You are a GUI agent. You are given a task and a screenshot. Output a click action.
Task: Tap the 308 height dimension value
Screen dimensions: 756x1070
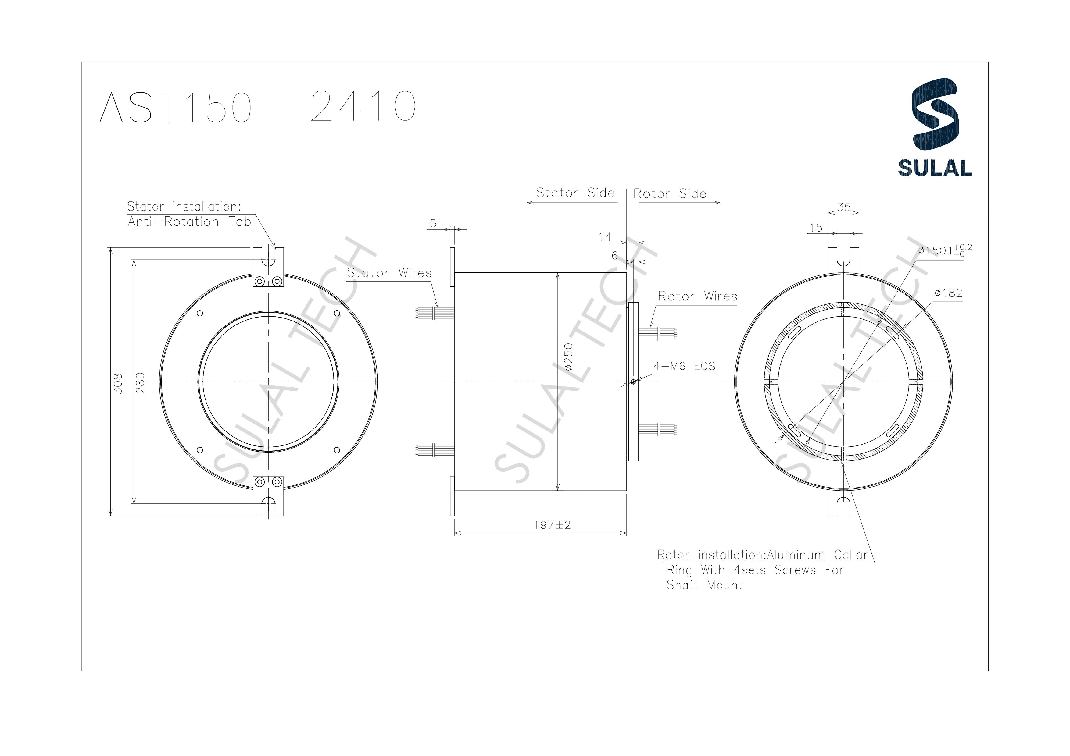[x=118, y=383]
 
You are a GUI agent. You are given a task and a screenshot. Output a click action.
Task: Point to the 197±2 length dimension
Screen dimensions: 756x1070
[x=552, y=525]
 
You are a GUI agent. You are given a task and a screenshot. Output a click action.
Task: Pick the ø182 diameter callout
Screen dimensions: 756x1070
[x=948, y=293]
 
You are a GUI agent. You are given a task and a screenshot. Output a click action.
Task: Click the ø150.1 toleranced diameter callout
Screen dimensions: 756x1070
[x=944, y=250]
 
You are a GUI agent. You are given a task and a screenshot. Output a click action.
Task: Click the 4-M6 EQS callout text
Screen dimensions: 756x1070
[x=684, y=366]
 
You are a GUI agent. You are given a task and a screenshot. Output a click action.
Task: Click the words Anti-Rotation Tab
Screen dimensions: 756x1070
[x=189, y=222]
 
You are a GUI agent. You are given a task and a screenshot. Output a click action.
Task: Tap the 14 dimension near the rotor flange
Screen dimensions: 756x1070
[x=604, y=237]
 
